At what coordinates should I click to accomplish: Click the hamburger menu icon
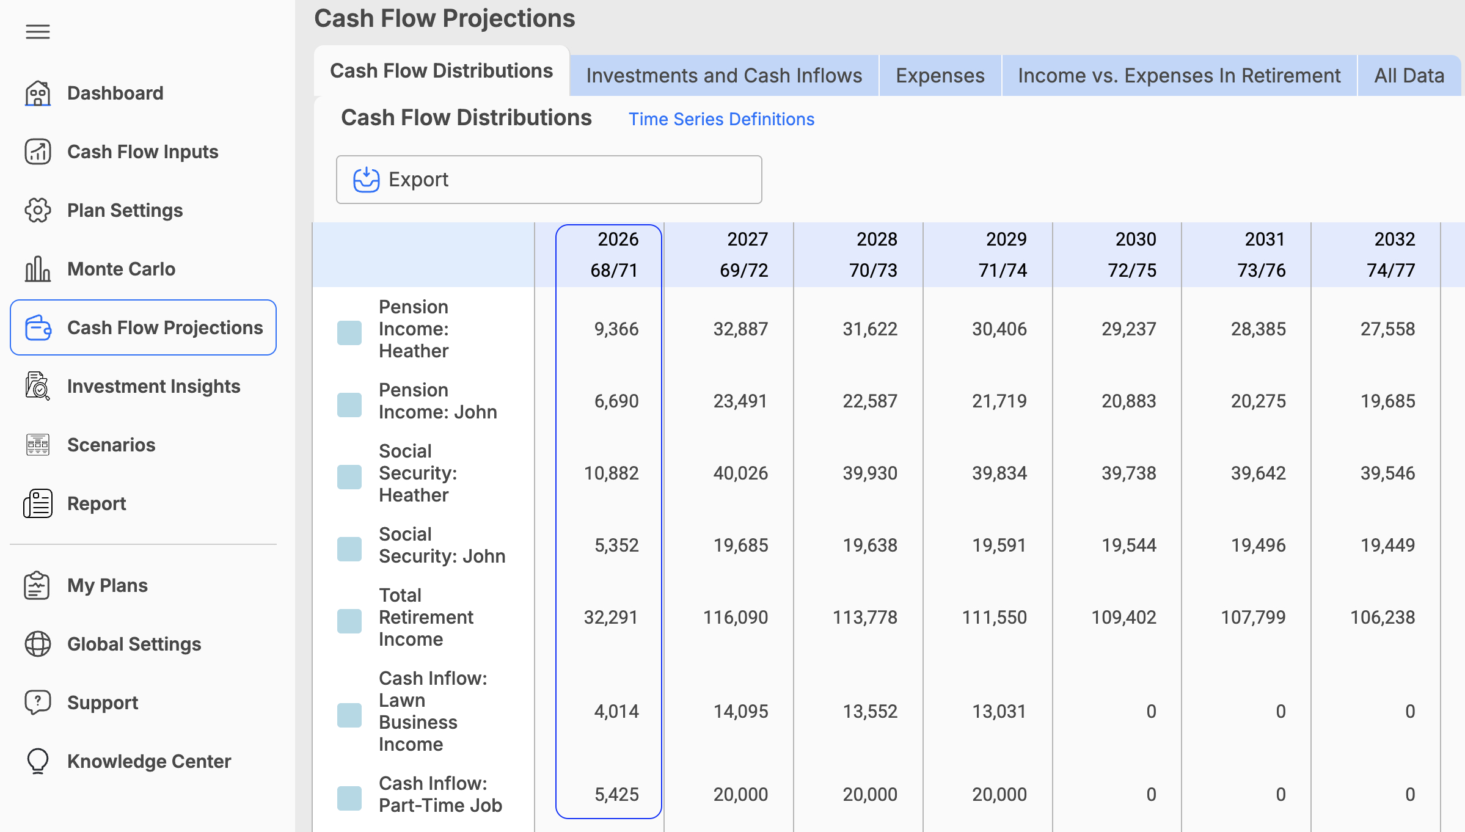[38, 32]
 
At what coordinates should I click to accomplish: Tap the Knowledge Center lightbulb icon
[38, 761]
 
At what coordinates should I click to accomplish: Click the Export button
[549, 180]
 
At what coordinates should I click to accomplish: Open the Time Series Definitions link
[722, 119]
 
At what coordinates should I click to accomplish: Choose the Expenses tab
[940, 76]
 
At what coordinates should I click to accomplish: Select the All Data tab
[1409, 76]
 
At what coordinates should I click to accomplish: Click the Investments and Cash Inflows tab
[724, 76]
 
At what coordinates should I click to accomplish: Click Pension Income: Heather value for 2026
[616, 329]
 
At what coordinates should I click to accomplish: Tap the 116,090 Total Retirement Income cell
[736, 618]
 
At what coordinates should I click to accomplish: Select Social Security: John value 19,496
[1258, 546]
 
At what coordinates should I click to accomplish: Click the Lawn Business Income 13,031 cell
[999, 712]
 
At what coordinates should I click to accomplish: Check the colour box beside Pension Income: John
[349, 405]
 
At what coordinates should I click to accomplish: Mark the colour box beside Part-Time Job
[349, 798]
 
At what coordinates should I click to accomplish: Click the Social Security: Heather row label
[418, 473]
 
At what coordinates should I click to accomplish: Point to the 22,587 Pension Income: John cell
[870, 401]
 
